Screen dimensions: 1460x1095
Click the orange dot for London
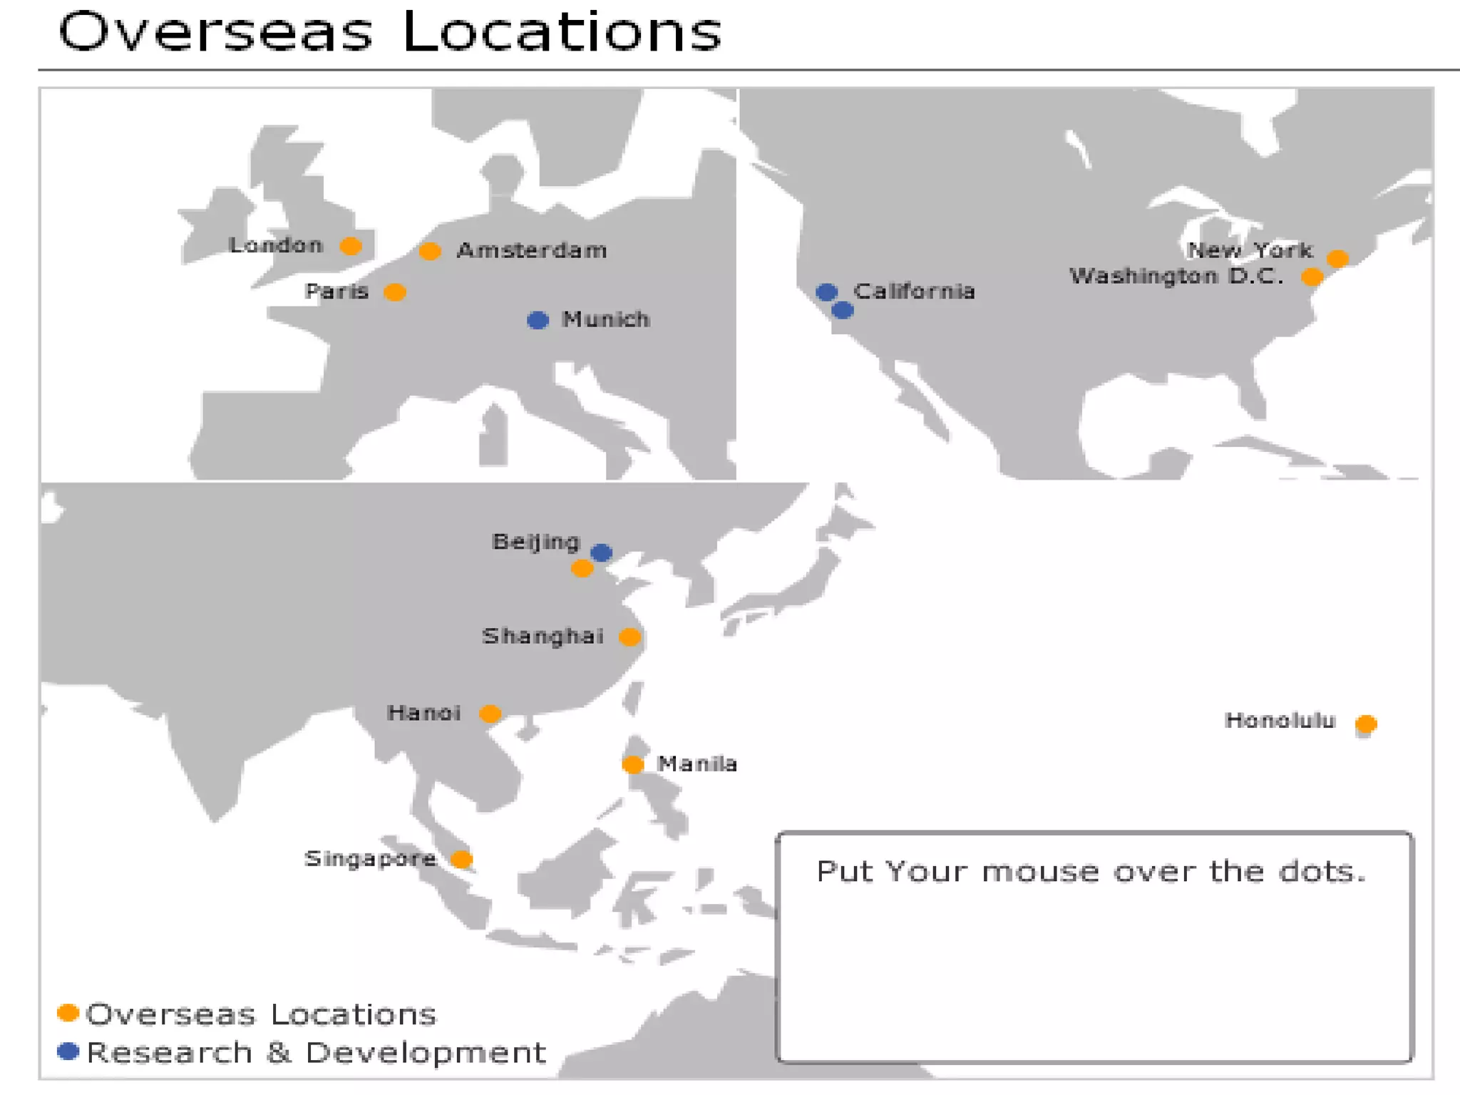click(350, 246)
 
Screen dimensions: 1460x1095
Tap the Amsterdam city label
click(532, 250)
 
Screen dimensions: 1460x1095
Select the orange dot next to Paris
click(395, 292)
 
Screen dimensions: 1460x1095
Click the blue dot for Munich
click(538, 320)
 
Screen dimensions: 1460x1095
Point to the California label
click(914, 291)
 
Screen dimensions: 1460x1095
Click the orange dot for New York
click(1337, 258)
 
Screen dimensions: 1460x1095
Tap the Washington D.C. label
click(1176, 276)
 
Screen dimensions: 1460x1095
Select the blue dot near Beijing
click(602, 552)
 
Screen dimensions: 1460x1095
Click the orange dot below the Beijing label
click(582, 568)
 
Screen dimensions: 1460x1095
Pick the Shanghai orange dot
click(629, 637)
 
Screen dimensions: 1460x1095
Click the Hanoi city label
click(423, 712)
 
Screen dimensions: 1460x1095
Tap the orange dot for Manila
click(632, 764)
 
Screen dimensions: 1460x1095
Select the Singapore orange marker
click(461, 859)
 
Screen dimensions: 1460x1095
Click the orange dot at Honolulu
click(1366, 724)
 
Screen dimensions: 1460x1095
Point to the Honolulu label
click(1280, 721)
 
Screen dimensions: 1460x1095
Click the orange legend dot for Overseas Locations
click(68, 1012)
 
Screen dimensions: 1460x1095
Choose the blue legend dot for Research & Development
click(68, 1052)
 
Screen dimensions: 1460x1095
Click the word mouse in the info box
click(1040, 872)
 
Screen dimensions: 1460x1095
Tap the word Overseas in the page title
click(215, 32)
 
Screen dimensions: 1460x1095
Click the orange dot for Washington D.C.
click(1312, 277)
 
